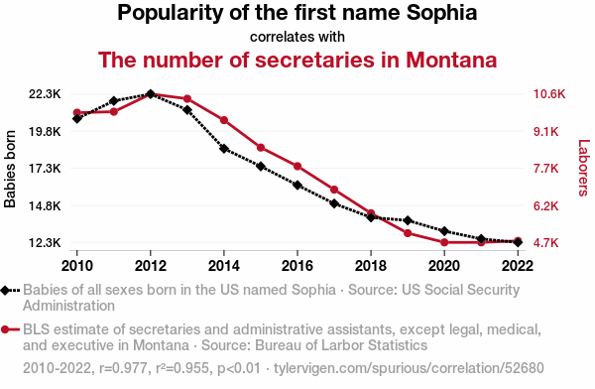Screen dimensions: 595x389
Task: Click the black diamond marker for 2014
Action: (x=224, y=149)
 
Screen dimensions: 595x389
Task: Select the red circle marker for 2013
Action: (x=187, y=99)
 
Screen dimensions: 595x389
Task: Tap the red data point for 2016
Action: (x=297, y=166)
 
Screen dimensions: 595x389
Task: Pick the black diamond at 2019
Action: (x=408, y=220)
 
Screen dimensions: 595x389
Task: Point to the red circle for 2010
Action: (x=77, y=112)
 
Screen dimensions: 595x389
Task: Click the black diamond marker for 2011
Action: (x=114, y=101)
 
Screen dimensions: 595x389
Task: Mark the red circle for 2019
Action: (x=408, y=233)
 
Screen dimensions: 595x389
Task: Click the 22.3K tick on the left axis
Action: (x=45, y=94)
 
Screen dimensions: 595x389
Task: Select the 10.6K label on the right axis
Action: (x=549, y=94)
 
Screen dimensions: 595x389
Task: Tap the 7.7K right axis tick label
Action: (x=546, y=168)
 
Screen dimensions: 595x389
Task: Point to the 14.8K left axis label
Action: (x=45, y=205)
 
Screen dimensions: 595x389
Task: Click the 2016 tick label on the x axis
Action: (x=297, y=266)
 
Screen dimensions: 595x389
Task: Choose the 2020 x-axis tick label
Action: (x=444, y=266)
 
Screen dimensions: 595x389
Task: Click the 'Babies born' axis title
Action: (x=10, y=169)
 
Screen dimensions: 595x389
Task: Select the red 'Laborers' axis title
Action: (x=584, y=168)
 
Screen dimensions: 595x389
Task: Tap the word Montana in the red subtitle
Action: (x=451, y=60)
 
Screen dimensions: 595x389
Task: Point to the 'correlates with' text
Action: (x=297, y=37)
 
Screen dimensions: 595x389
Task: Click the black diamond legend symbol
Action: (x=5, y=290)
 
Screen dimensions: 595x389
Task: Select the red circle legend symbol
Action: (x=5, y=329)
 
